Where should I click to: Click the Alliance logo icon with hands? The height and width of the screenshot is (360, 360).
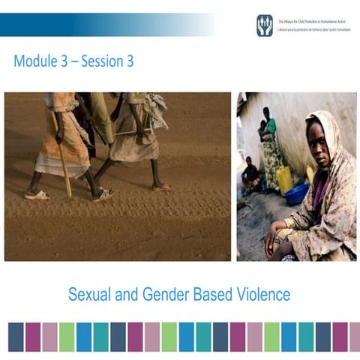[265, 25]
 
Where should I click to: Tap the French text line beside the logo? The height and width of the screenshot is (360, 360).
[314, 28]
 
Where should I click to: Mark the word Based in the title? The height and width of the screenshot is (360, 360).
[229, 295]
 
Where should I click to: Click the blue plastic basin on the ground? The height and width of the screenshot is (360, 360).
[297, 193]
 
